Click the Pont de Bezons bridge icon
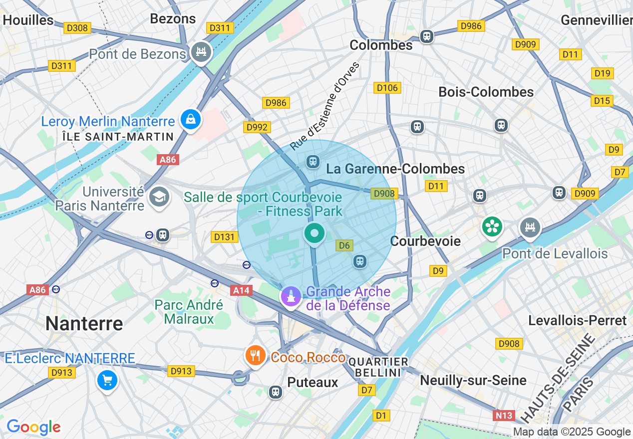click(201, 51)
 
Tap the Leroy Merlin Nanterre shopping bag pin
click(191, 119)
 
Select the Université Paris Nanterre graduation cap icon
click(159, 197)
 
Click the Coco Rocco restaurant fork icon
click(255, 356)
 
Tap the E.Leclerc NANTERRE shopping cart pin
click(107, 381)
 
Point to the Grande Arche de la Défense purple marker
click(291, 296)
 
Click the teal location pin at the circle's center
click(315, 233)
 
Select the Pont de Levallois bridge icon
click(530, 228)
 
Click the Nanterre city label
click(84, 324)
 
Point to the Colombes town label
click(381, 45)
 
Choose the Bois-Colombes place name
click(486, 92)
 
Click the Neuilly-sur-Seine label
click(473, 380)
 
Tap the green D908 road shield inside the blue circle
click(383, 194)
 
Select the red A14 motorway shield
click(242, 290)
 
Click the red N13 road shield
click(504, 415)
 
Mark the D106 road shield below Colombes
click(387, 88)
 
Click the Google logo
click(33, 427)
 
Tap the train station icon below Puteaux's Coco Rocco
click(275, 392)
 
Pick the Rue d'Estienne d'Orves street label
click(325, 106)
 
